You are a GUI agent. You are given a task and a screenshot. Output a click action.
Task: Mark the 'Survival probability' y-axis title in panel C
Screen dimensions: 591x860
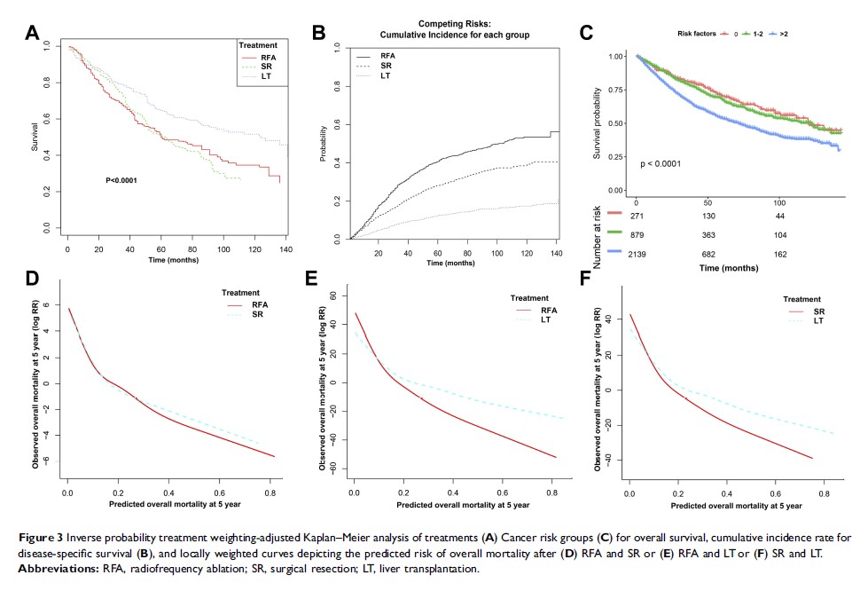pyautogui.click(x=599, y=122)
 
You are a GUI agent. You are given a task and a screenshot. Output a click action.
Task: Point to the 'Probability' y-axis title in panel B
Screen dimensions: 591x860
pyautogui.click(x=324, y=145)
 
